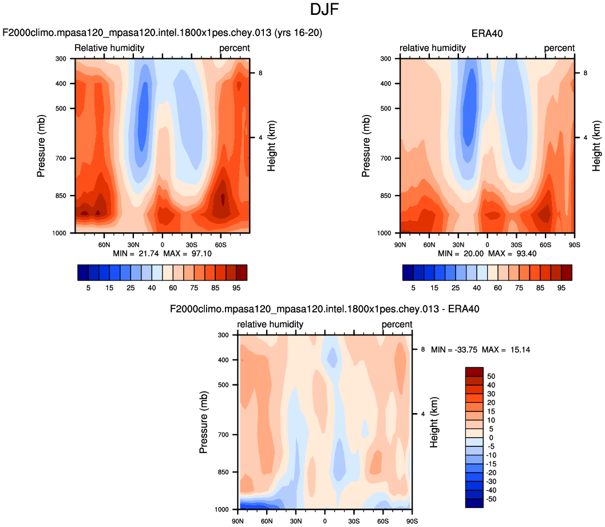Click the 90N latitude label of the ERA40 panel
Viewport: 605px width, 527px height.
400,244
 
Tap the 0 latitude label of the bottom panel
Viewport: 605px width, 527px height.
325,521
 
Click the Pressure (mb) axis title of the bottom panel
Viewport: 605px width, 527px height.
204,422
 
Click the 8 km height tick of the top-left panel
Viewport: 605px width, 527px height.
260,73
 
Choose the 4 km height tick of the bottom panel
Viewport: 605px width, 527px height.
423,414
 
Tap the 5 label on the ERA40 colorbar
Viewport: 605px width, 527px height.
414,288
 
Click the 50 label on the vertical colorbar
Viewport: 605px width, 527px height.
491,377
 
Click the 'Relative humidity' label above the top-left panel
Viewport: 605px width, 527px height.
109,47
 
